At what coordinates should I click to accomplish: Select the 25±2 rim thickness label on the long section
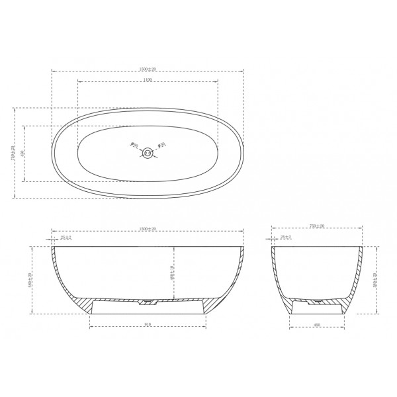click(x=66, y=237)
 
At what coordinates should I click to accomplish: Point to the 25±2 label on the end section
click(x=287, y=237)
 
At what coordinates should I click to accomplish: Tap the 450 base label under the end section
click(x=318, y=326)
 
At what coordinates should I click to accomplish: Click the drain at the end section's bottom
click(x=318, y=301)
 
